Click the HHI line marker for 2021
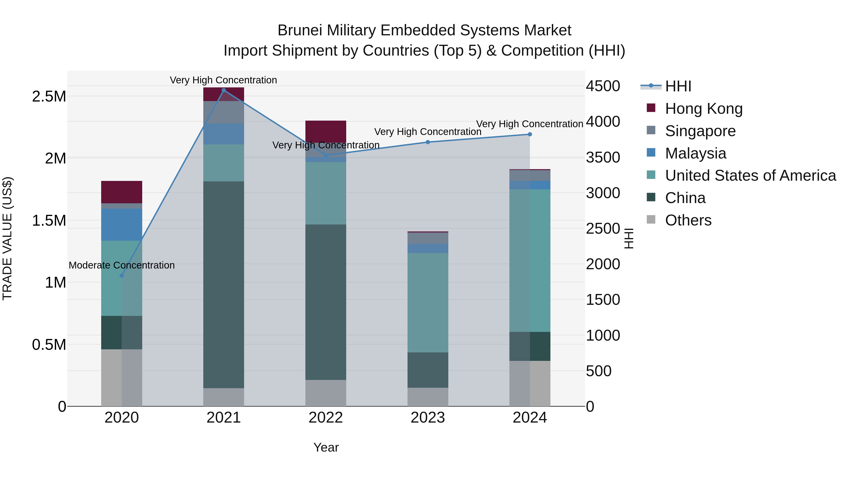point(224,90)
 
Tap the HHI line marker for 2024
point(530,134)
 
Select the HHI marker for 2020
point(122,276)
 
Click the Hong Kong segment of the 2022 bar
point(326,131)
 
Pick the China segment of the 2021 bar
point(224,285)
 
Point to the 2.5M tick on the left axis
point(49,96)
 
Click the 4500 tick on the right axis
point(603,86)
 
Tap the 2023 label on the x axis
point(428,418)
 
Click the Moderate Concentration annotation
point(122,265)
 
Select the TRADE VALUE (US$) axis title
point(7,238)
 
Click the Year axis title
point(326,447)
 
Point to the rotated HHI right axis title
point(629,238)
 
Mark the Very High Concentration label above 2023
point(428,132)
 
